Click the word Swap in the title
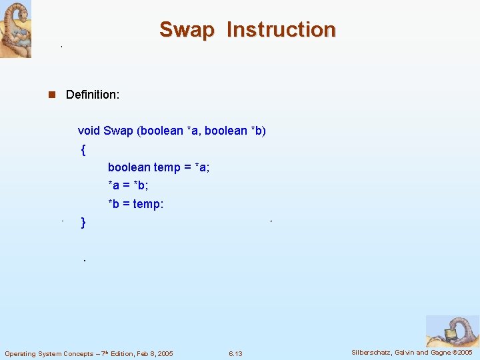pos(187,30)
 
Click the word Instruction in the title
pos(281,30)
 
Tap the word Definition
pos(93,95)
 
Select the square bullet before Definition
pos(51,95)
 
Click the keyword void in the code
pos(89,131)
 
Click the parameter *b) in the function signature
pos(256,131)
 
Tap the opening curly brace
pos(83,149)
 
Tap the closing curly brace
pos(83,222)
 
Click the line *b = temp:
pos(135,204)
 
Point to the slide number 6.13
pos(235,353)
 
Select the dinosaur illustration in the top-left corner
pos(15,29)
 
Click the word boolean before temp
pos(129,167)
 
